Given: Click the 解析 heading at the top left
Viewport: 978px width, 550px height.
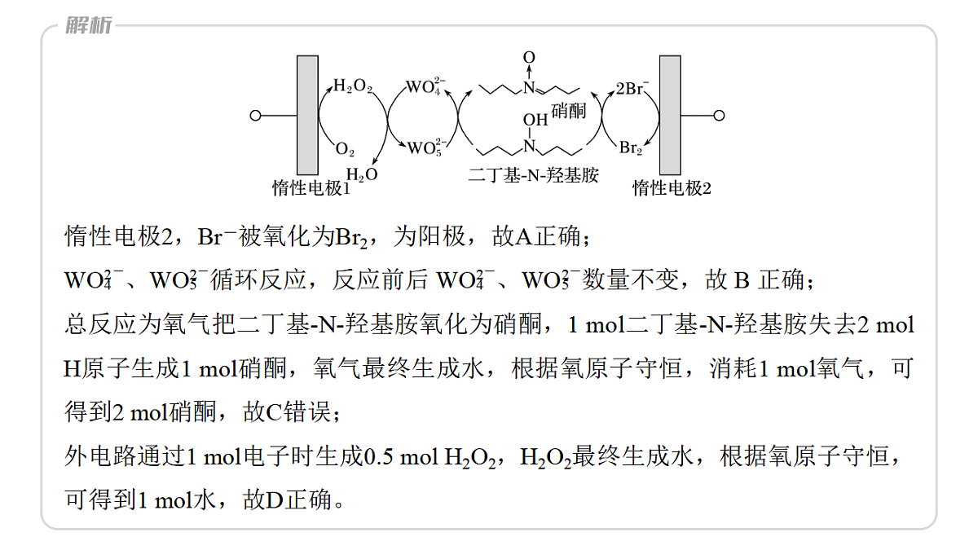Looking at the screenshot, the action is pyautogui.click(x=89, y=25).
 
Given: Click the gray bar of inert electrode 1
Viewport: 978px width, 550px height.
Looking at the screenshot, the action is pyautogui.click(x=307, y=115).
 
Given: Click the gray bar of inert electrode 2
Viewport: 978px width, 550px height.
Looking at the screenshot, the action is pyautogui.click(x=670, y=115).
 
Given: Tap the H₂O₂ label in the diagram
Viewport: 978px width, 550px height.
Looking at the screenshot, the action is pyautogui.click(x=353, y=86).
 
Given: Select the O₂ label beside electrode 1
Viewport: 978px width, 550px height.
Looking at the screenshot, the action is pyautogui.click(x=345, y=149).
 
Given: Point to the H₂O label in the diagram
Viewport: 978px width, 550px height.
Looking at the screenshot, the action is pyautogui.click(x=362, y=174).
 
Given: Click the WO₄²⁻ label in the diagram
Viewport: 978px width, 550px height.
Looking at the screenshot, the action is pyautogui.click(x=425, y=86).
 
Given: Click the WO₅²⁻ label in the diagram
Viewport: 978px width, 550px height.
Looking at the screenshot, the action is pyautogui.click(x=426, y=147).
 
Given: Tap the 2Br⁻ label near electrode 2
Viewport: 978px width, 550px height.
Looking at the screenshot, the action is pyautogui.click(x=632, y=88).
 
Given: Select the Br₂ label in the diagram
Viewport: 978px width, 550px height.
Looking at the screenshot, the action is pyautogui.click(x=631, y=148).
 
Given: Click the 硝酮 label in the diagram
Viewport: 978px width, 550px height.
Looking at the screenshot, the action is pyautogui.click(x=568, y=111).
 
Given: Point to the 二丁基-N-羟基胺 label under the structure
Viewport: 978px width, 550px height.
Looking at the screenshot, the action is pyautogui.click(x=533, y=175).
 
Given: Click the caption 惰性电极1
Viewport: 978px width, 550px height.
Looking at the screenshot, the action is pyautogui.click(x=311, y=188).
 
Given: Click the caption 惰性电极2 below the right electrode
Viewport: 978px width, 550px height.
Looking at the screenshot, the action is pyautogui.click(x=672, y=188).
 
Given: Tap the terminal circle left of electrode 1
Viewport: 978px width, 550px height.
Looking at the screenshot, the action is pyautogui.click(x=255, y=116).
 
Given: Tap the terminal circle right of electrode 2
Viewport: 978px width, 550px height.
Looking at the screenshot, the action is pyautogui.click(x=719, y=116).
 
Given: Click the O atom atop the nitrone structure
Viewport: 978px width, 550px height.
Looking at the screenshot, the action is pyautogui.click(x=529, y=57).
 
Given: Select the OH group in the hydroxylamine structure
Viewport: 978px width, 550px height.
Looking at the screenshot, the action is pyautogui.click(x=535, y=120).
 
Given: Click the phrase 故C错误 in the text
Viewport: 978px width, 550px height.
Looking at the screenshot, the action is pyautogui.click(x=286, y=411).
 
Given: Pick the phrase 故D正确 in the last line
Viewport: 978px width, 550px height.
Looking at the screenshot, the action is pyautogui.click(x=287, y=499).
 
